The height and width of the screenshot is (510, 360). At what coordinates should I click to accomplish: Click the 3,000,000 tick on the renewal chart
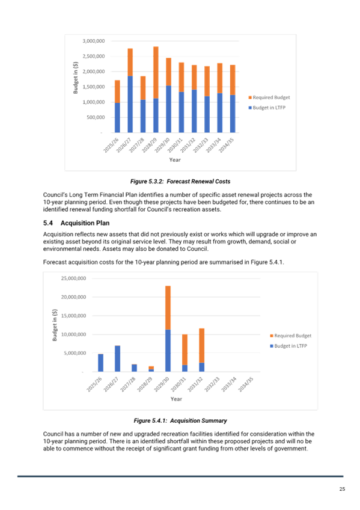[x=94, y=41]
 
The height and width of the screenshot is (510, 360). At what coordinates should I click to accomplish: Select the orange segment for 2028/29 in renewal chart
[x=156, y=73]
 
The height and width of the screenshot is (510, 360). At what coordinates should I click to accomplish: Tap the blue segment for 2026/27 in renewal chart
[x=130, y=105]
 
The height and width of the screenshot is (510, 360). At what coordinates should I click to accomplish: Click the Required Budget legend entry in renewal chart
[x=269, y=97]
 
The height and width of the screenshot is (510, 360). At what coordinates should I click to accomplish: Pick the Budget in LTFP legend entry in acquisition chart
[x=288, y=346]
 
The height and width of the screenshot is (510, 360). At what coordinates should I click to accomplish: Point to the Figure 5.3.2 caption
[x=180, y=182]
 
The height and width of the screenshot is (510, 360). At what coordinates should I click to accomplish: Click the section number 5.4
[x=47, y=223]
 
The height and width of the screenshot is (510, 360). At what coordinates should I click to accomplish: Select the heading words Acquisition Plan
[x=85, y=223]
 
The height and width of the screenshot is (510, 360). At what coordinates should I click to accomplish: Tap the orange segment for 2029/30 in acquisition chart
[x=168, y=308]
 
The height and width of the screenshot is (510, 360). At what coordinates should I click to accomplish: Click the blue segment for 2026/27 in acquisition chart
[x=118, y=359]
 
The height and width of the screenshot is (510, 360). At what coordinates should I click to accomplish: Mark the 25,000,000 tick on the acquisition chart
[x=74, y=278]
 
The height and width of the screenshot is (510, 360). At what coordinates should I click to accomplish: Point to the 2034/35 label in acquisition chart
[x=246, y=384]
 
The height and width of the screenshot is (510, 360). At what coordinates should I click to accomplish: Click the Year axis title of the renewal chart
[x=175, y=160]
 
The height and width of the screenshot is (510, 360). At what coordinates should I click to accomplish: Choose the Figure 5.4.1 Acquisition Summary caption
[x=180, y=420]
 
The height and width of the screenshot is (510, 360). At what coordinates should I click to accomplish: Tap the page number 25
[x=342, y=489]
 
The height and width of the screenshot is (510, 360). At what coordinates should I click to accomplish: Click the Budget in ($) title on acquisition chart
[x=55, y=325]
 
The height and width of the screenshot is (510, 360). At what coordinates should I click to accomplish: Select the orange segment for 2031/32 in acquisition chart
[x=202, y=346]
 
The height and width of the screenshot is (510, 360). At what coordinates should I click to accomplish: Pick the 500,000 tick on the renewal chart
[x=96, y=117]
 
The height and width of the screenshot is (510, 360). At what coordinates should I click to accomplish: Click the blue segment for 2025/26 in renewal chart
[x=117, y=118]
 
